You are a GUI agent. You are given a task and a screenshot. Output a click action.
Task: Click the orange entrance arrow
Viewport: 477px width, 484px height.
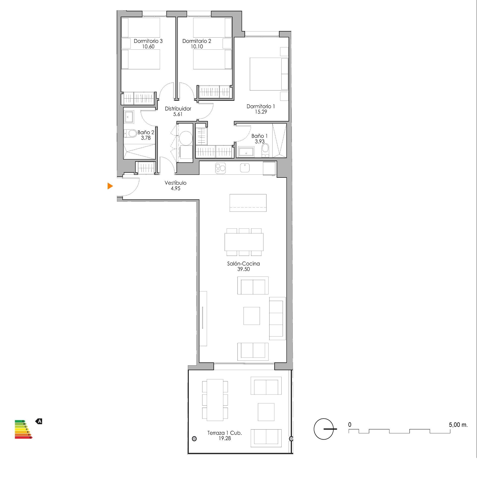pos(110,186)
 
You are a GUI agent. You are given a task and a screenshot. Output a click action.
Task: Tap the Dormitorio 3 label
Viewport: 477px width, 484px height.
pos(148,41)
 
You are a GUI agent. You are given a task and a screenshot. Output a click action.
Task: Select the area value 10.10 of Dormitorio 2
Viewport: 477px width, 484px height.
pos(197,46)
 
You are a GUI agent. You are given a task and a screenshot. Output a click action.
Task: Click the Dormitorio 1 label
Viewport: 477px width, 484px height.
pos(260,106)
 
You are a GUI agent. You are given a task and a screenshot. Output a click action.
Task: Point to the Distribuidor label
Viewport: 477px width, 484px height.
pos(178,109)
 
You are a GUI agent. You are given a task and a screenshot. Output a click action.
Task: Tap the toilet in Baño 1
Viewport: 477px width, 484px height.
pos(265,149)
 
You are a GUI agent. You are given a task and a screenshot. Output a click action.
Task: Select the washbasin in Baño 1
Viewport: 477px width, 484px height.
pos(246,152)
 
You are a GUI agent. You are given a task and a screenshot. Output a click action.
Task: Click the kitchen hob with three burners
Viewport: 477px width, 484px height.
pos(221,168)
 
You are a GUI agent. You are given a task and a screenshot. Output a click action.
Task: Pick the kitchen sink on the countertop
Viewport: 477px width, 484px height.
pos(245,167)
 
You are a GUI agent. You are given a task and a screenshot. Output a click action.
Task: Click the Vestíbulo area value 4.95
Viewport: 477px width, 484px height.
pos(175,189)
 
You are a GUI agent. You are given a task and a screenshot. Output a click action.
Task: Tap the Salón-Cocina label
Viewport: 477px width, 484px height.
pos(243,263)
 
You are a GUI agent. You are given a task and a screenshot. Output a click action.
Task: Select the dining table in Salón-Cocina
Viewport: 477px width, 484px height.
pos(244,242)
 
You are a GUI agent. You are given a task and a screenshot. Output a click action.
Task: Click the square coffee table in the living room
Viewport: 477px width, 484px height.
pos(251,316)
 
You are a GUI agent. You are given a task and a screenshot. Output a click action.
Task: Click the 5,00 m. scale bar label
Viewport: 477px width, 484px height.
pos(458,425)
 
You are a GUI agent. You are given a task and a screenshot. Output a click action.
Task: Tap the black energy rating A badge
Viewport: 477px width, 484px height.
pos(39,421)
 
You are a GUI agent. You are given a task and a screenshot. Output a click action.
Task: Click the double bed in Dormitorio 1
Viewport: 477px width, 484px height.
pos(269,74)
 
